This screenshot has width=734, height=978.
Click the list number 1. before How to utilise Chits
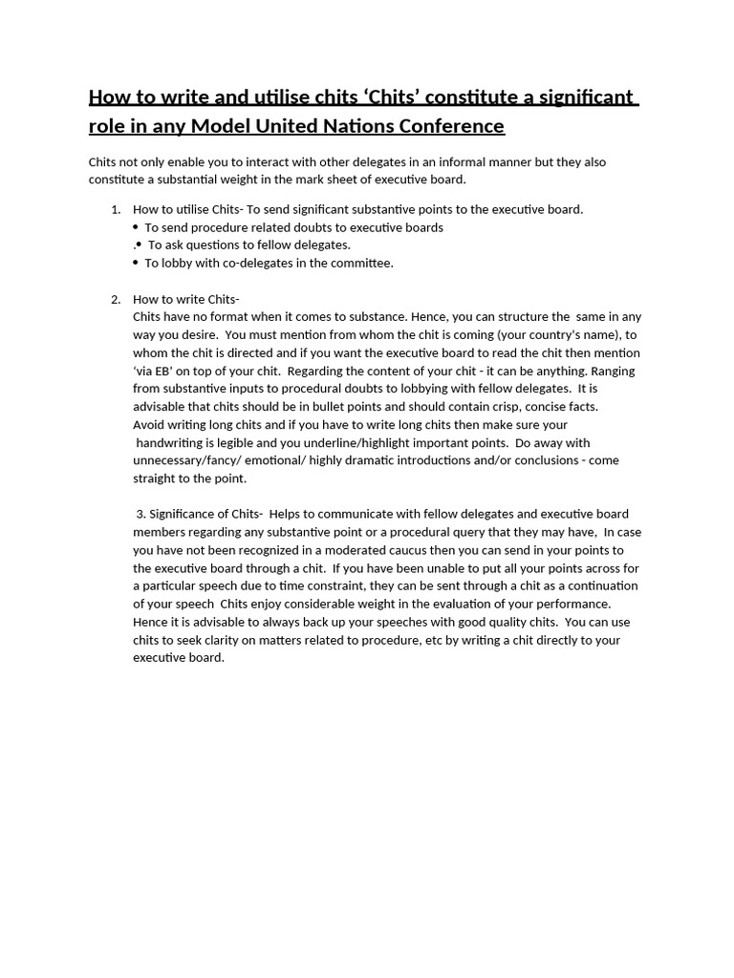(x=116, y=209)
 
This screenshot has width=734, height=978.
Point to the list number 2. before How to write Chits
(x=116, y=299)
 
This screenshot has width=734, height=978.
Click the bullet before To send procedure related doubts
(x=136, y=227)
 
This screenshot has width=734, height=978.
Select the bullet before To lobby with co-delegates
(x=136, y=263)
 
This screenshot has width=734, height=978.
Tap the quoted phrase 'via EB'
(x=156, y=371)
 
